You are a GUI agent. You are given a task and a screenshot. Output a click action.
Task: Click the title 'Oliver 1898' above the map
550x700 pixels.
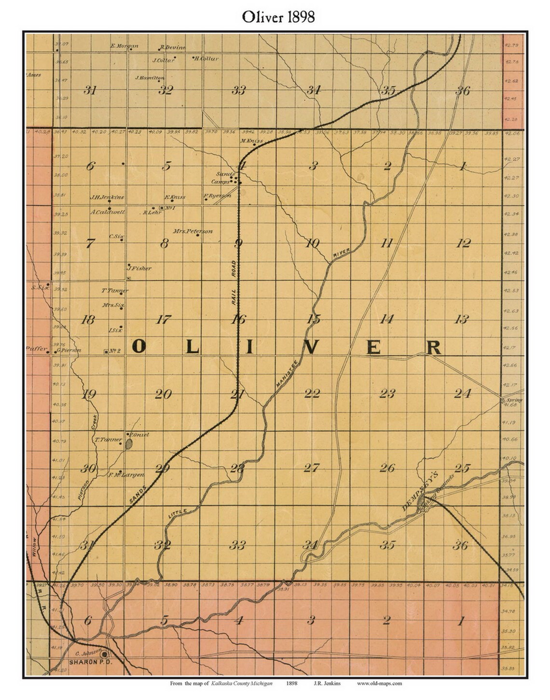pos(278,17)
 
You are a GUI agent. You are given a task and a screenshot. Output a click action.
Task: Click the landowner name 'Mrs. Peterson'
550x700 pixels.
pos(192,231)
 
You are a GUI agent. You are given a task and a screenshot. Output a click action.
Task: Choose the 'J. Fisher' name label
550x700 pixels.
pos(139,268)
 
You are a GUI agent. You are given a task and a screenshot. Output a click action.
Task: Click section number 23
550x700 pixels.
pos(387,394)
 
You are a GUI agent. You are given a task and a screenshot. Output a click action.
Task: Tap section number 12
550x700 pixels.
pos(463,243)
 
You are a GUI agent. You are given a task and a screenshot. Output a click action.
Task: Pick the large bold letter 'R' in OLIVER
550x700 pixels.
pos(434,347)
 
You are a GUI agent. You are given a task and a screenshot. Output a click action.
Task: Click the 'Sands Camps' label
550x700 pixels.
pos(223,178)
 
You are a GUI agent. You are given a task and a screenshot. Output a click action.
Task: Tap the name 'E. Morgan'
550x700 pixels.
pos(124,46)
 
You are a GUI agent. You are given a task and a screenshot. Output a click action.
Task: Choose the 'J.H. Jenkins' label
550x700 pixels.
pos(107,197)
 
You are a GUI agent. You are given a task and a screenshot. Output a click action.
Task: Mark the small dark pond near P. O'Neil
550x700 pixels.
pos(129,444)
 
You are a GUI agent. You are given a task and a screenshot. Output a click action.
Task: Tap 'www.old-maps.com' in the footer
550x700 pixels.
pos(379,683)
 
